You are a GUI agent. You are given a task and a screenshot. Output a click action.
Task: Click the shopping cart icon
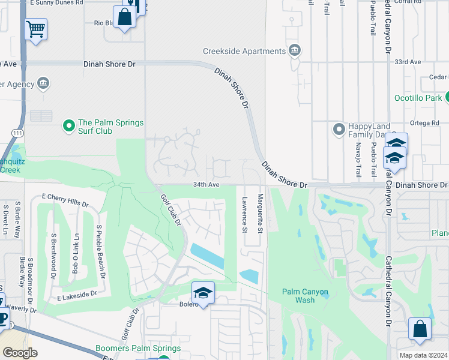[36, 28]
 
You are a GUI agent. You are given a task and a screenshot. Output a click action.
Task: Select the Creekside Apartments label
[243, 51]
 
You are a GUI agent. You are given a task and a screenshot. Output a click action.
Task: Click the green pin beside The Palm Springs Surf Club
[69, 127]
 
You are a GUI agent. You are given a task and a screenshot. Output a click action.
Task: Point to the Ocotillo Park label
[418, 97]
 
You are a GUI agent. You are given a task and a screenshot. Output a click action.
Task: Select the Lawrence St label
[244, 214]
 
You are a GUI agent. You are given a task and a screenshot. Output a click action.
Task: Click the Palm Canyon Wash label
[306, 296]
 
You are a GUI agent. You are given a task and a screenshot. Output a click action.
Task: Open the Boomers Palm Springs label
[138, 348]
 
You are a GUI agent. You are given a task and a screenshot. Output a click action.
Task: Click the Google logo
[20, 353]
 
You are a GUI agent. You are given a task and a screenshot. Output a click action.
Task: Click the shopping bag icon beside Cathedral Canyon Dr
[420, 328]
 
